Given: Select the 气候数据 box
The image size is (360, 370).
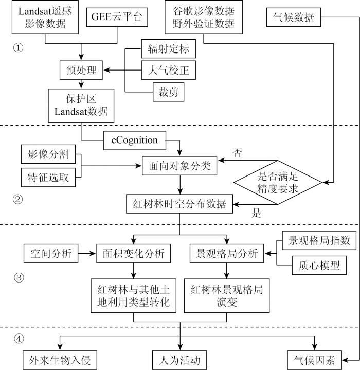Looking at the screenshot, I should (x=293, y=19).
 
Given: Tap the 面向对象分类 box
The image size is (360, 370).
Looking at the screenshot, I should (x=179, y=167).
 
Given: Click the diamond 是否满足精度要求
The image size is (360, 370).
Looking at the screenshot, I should (x=278, y=182).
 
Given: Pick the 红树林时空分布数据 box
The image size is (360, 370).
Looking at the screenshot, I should (x=179, y=204).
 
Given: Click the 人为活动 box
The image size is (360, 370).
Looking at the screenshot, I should (x=179, y=358).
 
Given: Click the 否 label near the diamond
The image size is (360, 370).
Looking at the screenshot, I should (x=238, y=153).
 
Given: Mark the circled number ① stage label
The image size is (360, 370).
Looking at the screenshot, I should (x=19, y=48).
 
